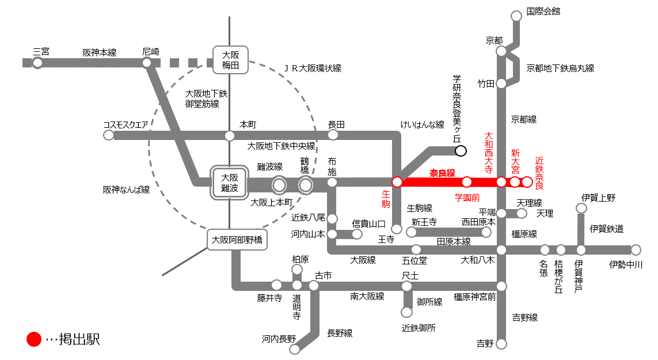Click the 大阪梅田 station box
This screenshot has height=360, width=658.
point(230,60)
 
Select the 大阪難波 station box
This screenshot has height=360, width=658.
point(229,184)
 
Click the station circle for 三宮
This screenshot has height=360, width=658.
point(37,63)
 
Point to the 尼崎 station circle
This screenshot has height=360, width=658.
point(147,63)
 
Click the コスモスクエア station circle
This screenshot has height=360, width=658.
point(108,135)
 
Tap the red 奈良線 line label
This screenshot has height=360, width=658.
point(442,173)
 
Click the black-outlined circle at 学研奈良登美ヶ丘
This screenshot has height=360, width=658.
point(461,151)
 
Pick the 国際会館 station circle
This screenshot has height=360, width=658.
point(516,15)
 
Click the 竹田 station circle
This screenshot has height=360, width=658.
point(501,84)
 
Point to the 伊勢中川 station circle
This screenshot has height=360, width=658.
point(635,250)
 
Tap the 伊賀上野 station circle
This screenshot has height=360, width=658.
point(581,208)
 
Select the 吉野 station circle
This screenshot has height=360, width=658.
point(501,344)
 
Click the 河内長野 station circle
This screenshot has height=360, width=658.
point(295,348)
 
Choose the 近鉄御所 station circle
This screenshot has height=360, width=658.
point(406,312)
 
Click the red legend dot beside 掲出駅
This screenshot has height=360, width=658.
point(34,339)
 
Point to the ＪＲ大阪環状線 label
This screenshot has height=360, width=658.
point(313,68)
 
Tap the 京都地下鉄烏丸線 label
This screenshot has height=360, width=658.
point(560,68)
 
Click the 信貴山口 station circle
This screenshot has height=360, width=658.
point(357,234)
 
